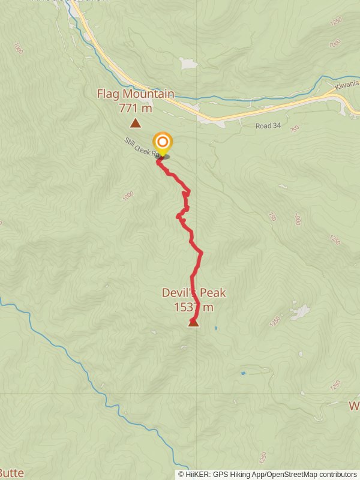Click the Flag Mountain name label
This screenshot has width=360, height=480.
click(x=136, y=94)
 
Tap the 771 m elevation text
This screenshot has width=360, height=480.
click(x=136, y=108)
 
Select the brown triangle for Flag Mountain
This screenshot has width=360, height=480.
click(x=136, y=124)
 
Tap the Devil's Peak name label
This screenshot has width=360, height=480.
click(x=193, y=293)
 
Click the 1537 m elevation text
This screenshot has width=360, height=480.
click(x=193, y=307)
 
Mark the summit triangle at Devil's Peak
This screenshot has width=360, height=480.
click(x=193, y=323)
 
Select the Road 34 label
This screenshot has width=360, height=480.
click(x=268, y=126)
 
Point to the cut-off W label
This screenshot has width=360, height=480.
click(x=354, y=406)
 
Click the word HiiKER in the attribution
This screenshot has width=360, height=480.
click(x=198, y=474)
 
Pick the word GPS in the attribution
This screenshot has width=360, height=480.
click(x=222, y=474)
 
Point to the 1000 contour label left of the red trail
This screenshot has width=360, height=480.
click(x=127, y=196)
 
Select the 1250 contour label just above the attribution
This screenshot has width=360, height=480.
click(x=262, y=458)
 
